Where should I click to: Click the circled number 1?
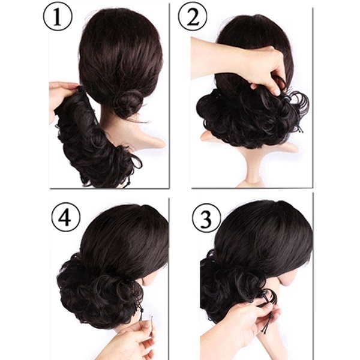[x=58, y=17]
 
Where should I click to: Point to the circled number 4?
[x=65, y=217]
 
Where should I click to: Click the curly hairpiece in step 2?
[x=248, y=117]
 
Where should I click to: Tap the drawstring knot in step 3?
[x=271, y=317]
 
